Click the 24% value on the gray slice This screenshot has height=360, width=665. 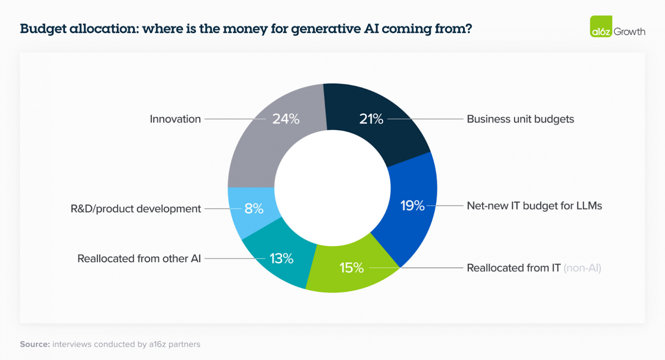coord(286,119)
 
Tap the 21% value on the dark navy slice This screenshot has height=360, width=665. coord(371,119)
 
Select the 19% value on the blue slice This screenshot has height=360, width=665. coord(412,206)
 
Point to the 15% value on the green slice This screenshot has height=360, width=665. coord(351,268)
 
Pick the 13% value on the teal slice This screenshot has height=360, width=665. coord(281,258)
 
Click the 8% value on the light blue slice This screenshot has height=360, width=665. coord(254,209)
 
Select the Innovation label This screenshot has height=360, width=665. coord(175,119)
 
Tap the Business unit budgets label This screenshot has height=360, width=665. coord(520,119)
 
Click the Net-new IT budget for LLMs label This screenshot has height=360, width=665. coord(534,206)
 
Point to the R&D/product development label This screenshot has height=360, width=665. coord(136,209)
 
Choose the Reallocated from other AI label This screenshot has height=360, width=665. coord(139,258)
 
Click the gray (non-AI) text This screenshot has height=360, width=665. coord(582,268)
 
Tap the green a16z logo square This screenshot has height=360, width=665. coord(601,26)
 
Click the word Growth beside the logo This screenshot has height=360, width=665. coord(629,32)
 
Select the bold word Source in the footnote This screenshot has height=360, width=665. coord(35,344)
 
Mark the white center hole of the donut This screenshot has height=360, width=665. coord(332,188)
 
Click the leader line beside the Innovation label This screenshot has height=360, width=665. coord(230,119)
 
